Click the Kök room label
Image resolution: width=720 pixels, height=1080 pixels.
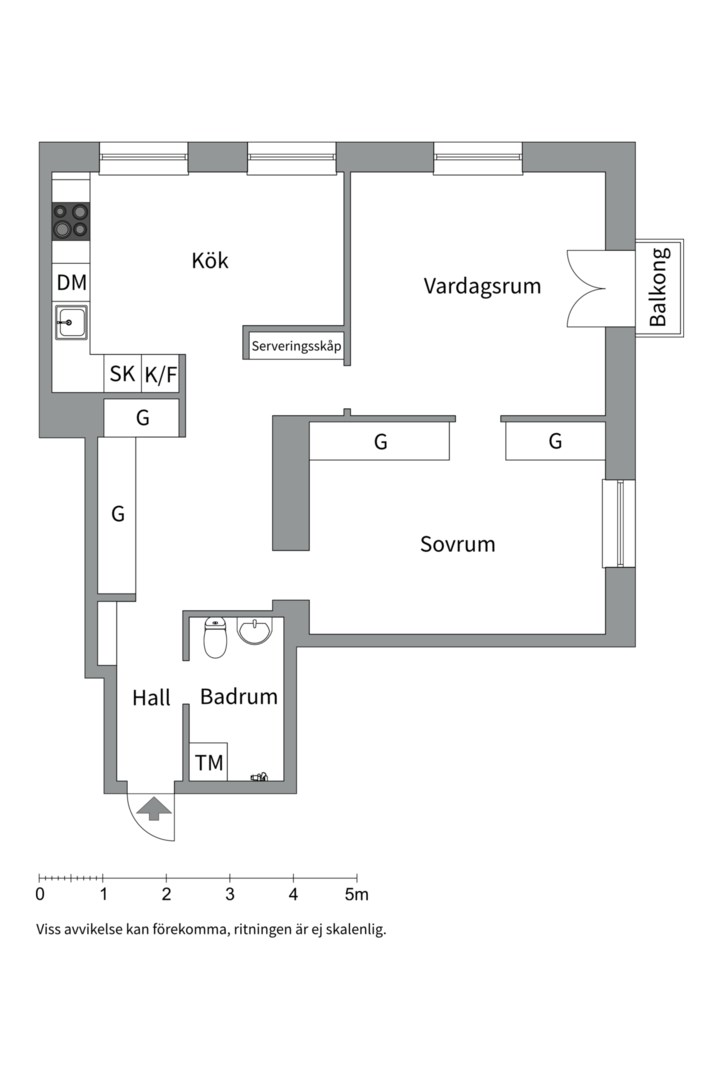click(210, 261)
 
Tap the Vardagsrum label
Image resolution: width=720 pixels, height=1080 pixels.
click(482, 286)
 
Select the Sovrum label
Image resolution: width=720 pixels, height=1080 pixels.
click(457, 545)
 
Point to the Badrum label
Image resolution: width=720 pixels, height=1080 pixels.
click(238, 697)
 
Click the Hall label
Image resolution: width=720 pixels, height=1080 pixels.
click(151, 697)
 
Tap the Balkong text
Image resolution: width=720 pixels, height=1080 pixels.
click(658, 287)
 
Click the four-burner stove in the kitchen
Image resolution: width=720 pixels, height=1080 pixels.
click(71, 221)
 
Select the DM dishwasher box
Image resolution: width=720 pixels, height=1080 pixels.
click(71, 283)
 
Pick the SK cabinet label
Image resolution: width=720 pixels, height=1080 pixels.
click(122, 374)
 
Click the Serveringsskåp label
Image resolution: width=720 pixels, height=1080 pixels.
click(297, 347)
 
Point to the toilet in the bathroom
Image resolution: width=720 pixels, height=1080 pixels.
click(216, 637)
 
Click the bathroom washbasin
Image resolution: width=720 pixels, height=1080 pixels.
click(255, 632)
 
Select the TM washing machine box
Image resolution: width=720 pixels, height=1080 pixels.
click(209, 763)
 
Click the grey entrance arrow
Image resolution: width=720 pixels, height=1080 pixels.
click(153, 808)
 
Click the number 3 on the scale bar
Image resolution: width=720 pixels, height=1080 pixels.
click(230, 894)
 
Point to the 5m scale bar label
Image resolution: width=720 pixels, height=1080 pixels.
click(357, 894)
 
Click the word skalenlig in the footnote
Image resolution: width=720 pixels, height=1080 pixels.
click(351, 929)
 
